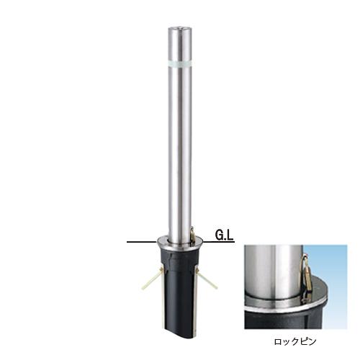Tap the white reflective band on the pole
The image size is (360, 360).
click(x=180, y=63)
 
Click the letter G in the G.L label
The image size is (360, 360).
click(x=220, y=235)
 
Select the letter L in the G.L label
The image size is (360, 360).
click(x=230, y=235)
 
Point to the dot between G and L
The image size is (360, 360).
click(x=226, y=239)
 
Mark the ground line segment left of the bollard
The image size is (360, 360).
click(x=141, y=242)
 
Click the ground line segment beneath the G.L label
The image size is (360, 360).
click(x=218, y=241)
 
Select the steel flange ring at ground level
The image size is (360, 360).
click(x=179, y=242)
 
